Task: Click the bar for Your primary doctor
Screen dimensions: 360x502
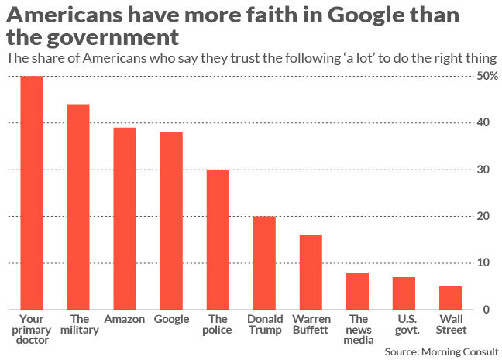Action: click(x=31, y=193)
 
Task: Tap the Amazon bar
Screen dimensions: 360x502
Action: click(x=124, y=218)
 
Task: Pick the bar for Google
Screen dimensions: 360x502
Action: click(x=171, y=221)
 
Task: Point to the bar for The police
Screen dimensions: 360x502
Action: click(x=218, y=239)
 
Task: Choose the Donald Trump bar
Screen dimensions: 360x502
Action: click(x=264, y=262)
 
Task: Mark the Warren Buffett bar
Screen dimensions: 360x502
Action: click(x=311, y=272)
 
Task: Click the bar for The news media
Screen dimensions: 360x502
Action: click(x=357, y=291)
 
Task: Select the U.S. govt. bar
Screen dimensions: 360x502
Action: click(x=404, y=293)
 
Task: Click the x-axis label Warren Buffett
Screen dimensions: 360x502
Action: click(x=311, y=324)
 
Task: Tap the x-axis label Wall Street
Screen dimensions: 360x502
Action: click(x=452, y=324)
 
